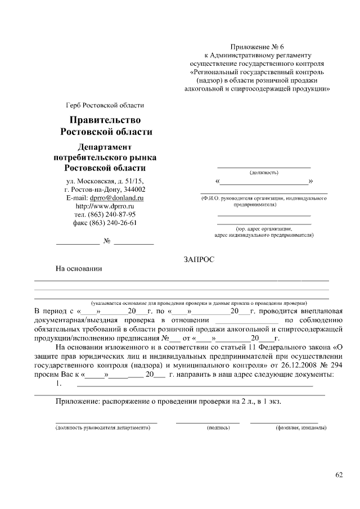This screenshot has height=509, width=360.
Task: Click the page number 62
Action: (339, 475)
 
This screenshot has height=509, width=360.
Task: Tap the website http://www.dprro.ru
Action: (105, 206)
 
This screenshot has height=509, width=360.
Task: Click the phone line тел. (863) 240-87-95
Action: (105, 214)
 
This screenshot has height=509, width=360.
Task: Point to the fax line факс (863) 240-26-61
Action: (105, 223)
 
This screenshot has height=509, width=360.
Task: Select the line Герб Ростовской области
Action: (105, 105)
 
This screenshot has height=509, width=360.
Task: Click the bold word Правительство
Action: (105, 120)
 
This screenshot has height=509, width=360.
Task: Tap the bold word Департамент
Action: (105, 146)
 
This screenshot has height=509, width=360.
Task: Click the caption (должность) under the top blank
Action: (263, 173)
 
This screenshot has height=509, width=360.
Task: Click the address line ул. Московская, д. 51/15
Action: (105, 181)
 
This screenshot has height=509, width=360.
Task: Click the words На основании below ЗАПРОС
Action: (78, 268)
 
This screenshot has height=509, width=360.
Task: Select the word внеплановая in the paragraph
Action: (304, 311)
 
